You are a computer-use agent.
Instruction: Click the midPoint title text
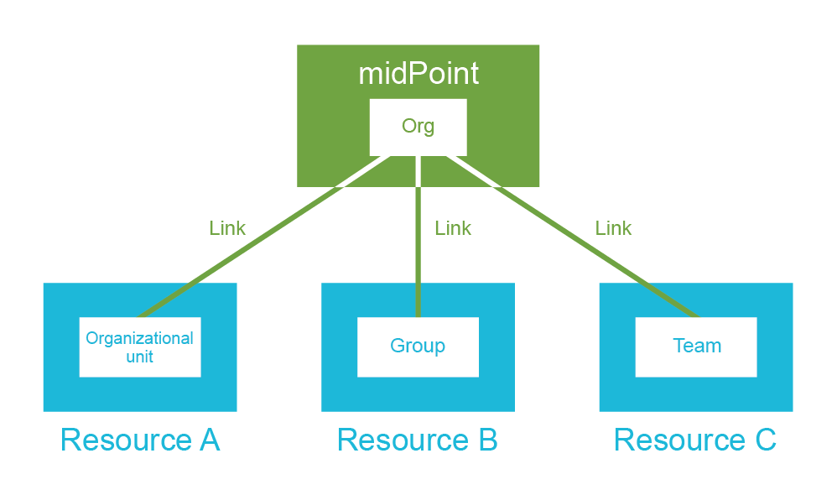point(418,74)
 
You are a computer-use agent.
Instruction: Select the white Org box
point(418,127)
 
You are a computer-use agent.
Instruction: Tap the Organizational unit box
point(140,346)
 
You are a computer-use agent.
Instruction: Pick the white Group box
point(418,346)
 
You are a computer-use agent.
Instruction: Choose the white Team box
point(696,346)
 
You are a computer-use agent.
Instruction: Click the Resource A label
point(140,440)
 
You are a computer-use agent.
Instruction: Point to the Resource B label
point(418,440)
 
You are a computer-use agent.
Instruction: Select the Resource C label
point(695,440)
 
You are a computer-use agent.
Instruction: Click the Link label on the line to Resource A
point(227,228)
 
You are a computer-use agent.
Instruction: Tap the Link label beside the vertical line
point(453,228)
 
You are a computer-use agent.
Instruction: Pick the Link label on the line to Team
point(613,228)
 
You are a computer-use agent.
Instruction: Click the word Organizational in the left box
point(140,339)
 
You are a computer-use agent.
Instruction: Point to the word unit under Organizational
point(140,357)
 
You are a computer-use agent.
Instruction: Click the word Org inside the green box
point(418,127)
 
